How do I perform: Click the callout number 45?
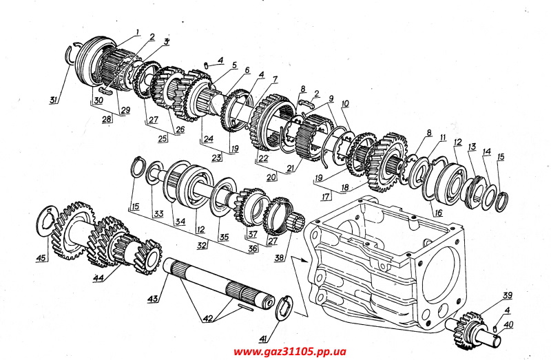(x=41, y=258)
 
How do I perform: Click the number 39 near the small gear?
(x=508, y=295)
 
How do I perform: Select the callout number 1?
(x=137, y=32)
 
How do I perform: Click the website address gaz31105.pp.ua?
(x=289, y=352)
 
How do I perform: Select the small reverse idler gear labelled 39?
(x=472, y=321)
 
